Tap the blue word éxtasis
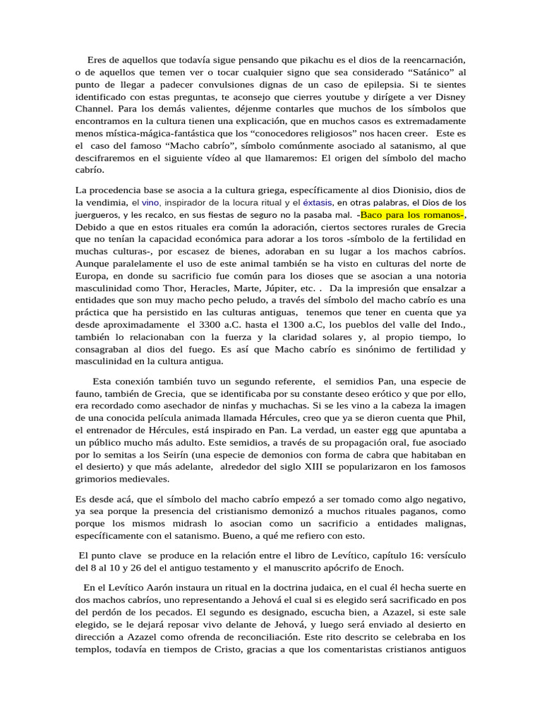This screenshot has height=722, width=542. [x=319, y=203]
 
